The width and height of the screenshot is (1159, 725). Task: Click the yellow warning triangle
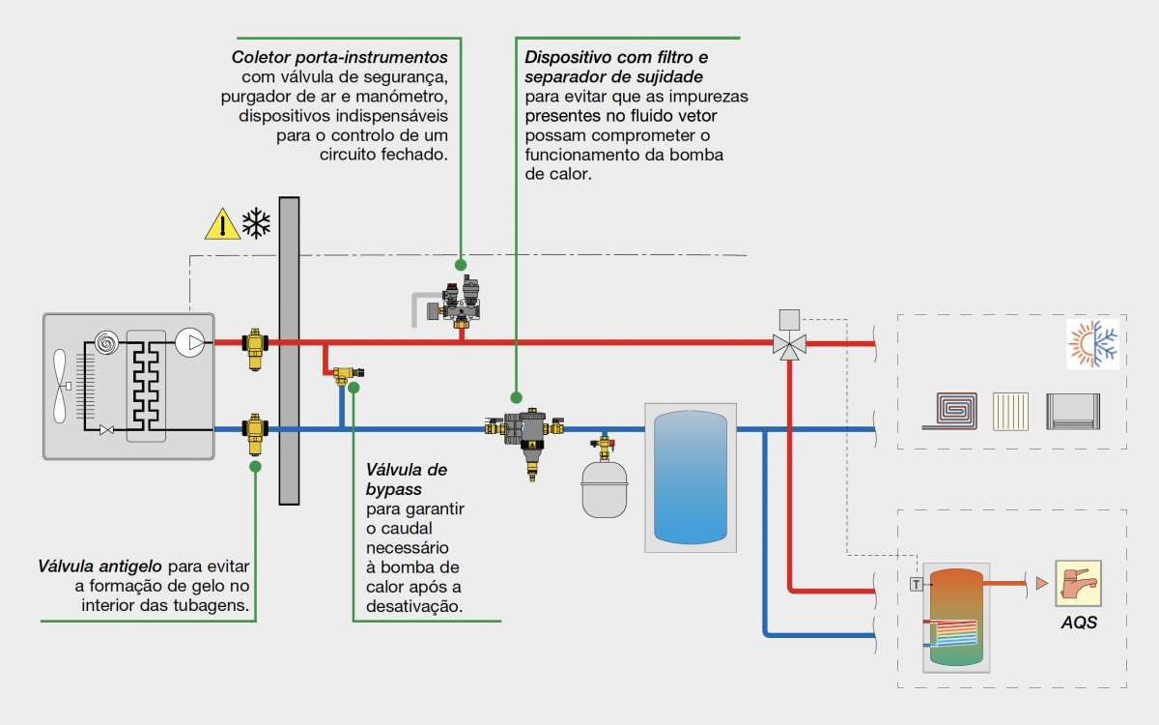[222, 224]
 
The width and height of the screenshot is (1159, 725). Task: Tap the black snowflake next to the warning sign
[256, 223]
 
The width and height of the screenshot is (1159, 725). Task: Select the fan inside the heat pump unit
[61, 386]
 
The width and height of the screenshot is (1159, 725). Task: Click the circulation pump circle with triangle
[190, 342]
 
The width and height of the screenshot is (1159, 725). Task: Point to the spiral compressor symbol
[106, 343]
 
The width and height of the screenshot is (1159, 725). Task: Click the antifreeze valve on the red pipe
[255, 349]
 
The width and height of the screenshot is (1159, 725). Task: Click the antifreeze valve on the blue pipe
[255, 434]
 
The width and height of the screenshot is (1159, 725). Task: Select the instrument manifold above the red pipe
[454, 303]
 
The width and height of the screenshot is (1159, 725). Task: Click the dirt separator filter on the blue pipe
[524, 439]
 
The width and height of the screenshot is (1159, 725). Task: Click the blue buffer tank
[691, 477]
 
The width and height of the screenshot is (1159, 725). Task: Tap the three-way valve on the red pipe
[790, 335]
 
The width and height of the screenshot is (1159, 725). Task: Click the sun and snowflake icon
[1092, 344]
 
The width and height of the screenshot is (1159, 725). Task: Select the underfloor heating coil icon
[950, 411]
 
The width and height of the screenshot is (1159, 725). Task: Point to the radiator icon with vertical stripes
[1010, 412]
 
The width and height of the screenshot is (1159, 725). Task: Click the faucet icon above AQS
[1078, 583]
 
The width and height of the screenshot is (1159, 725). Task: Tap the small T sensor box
[917, 585]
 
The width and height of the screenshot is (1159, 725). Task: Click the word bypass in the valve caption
[394, 489]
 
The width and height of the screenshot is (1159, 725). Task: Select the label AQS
[1079, 622]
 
